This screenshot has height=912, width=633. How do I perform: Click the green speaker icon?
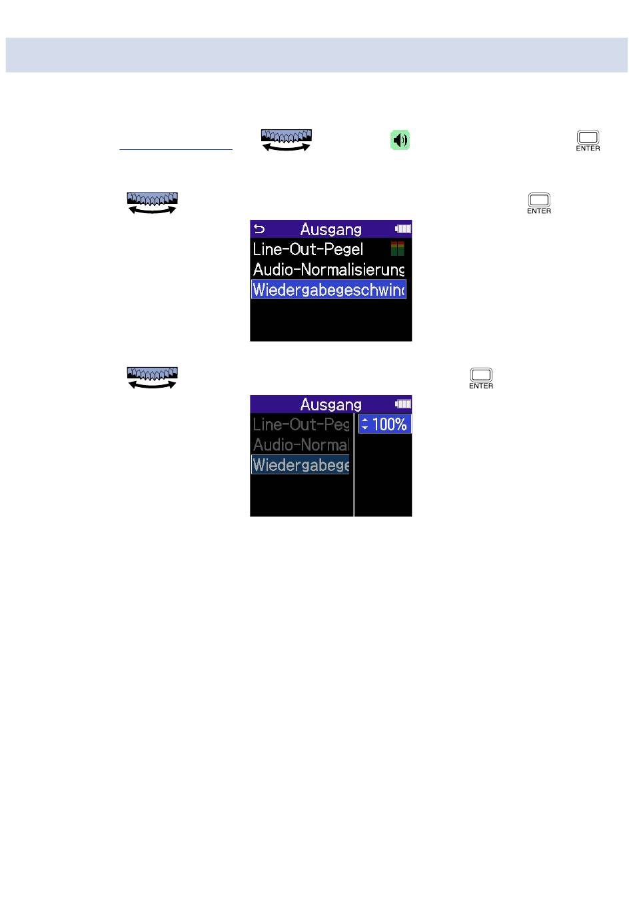[x=400, y=140]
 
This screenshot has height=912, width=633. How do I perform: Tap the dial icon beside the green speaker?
[x=286, y=140]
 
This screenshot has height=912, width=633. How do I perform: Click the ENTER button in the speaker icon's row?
[x=588, y=141]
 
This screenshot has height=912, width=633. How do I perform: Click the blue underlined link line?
[x=176, y=150]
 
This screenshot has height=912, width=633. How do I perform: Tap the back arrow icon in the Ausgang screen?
[x=259, y=229]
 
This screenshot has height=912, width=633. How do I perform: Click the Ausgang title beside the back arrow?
[x=330, y=229]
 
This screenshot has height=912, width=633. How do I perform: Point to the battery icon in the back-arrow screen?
[x=402, y=229]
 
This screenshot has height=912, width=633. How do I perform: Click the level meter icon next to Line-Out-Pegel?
[x=397, y=249]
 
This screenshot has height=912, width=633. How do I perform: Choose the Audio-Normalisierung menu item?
[x=328, y=270]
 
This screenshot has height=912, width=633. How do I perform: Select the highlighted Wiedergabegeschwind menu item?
[x=328, y=290]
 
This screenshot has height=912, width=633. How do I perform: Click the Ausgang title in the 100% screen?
[x=330, y=404]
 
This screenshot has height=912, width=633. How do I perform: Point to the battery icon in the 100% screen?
[x=402, y=404]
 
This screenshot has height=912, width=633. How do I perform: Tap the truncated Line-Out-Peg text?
[x=301, y=424]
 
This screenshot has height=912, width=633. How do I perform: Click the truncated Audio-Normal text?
[x=301, y=444]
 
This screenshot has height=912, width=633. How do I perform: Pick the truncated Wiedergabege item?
[x=301, y=465]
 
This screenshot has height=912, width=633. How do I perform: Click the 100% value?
[x=389, y=424]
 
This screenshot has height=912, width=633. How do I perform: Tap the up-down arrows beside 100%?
[x=364, y=424]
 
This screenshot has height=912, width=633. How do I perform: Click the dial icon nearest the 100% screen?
[x=153, y=378]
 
